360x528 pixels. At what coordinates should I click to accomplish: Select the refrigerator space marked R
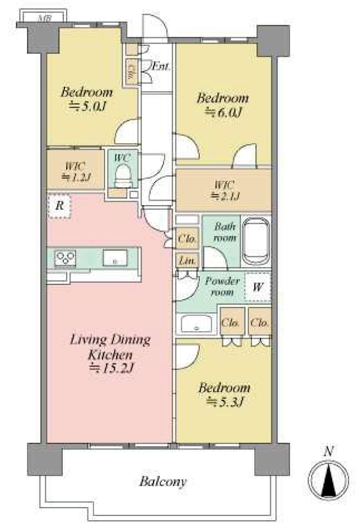coord(59,206)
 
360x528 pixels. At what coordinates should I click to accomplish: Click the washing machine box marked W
coord(258,287)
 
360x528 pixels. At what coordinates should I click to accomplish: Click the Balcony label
coord(163,482)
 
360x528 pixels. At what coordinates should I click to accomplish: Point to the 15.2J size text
coord(111,369)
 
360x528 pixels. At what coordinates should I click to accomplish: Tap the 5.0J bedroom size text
coord(87,107)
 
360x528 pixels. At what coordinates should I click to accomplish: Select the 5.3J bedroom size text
coord(224,402)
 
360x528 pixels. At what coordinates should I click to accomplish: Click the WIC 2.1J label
coord(224,190)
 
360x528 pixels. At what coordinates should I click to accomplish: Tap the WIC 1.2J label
coord(75,172)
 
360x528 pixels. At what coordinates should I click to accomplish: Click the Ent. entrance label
coord(161,67)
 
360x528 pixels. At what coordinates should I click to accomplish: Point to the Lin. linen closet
coord(187,261)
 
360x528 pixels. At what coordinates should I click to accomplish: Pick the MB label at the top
coord(44,18)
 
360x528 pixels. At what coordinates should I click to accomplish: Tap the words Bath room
coord(225,232)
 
